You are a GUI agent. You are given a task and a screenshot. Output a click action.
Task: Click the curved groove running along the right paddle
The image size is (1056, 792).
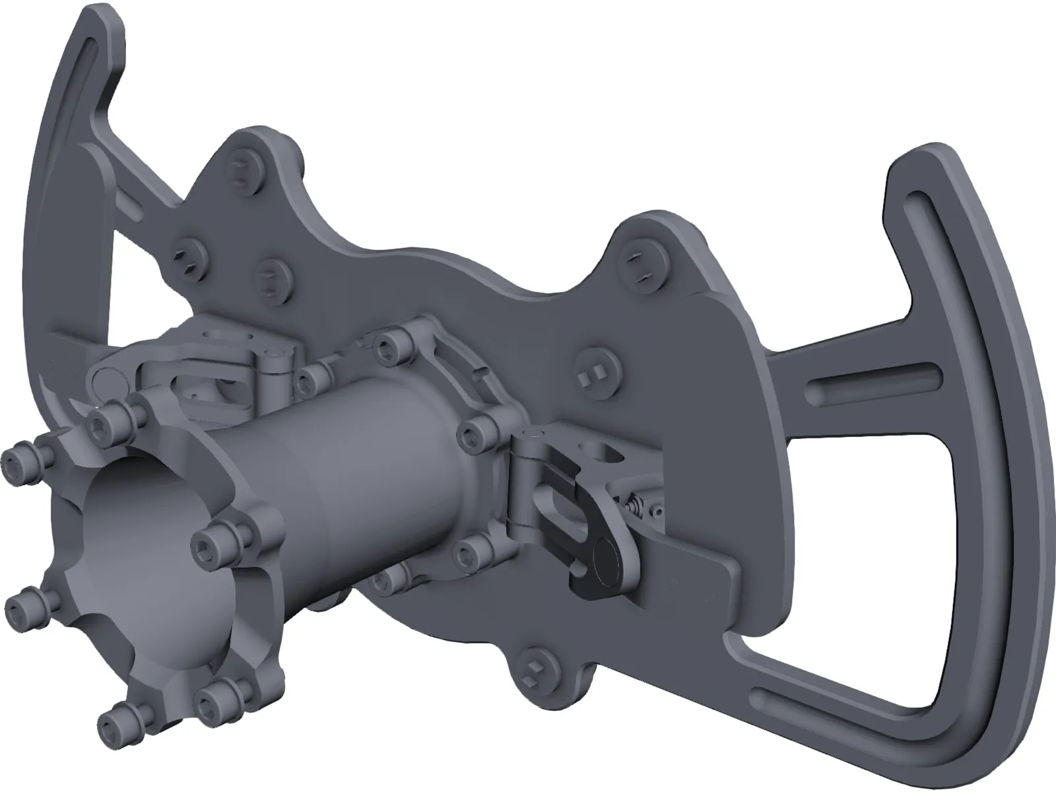983,396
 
